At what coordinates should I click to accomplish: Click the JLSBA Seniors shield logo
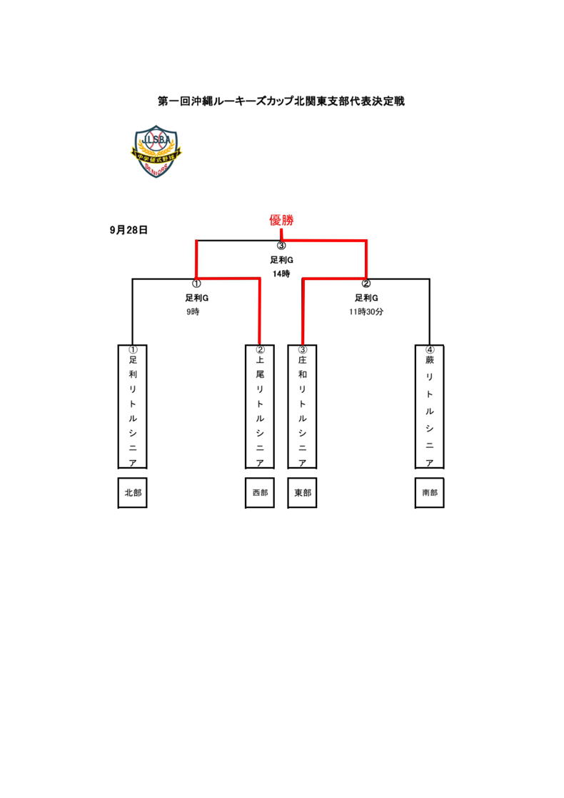point(156,152)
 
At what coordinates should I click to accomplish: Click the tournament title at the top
point(281,101)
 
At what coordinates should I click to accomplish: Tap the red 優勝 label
point(281,221)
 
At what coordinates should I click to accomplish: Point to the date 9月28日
point(129,230)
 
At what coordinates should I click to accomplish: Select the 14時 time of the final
point(281,274)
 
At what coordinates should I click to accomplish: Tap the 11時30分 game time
point(366,312)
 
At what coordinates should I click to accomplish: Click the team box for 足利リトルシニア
point(132,407)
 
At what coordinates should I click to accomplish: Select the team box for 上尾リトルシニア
point(259,407)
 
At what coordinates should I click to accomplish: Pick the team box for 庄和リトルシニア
point(302,407)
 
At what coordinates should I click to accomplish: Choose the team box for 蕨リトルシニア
point(429,407)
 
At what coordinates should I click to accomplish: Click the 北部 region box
point(132,493)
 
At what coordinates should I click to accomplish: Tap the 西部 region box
point(259,493)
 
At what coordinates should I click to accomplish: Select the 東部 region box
point(302,493)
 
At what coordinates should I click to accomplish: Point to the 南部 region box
point(429,493)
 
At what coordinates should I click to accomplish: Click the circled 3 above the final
point(281,246)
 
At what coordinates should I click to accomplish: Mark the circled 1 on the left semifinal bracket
point(196,284)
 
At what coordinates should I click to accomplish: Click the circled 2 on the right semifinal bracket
point(366,284)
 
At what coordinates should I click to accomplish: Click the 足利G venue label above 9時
point(196,298)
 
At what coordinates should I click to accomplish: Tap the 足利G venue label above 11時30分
point(366,298)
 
